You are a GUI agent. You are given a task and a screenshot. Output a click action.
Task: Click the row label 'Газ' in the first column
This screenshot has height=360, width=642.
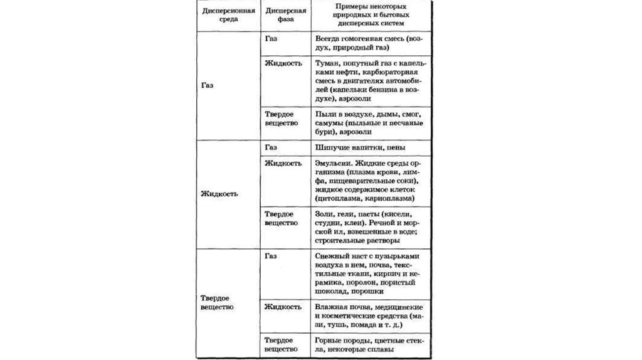click(209, 87)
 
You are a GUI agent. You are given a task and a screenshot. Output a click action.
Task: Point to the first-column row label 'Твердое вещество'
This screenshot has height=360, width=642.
click(217, 302)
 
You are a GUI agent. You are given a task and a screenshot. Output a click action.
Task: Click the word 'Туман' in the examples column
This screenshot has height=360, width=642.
click(329, 63)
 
